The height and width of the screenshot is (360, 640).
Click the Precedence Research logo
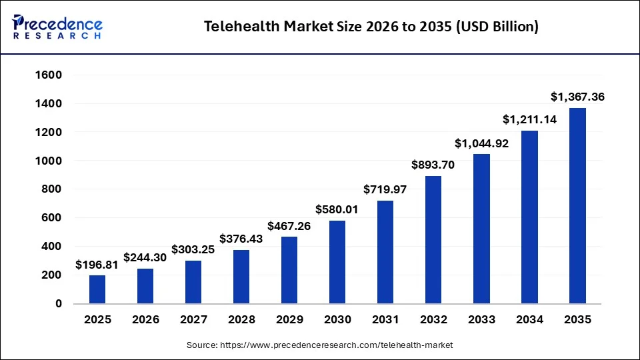click(x=57, y=27)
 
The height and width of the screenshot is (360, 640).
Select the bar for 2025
click(x=97, y=289)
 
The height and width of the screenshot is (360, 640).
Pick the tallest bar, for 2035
click(x=577, y=205)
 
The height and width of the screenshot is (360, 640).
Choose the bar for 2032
click(x=433, y=239)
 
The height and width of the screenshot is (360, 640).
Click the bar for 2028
click(x=241, y=277)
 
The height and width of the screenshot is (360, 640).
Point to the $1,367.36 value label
click(x=577, y=97)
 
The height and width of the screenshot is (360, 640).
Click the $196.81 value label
click(x=97, y=265)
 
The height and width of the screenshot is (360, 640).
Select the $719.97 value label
click(x=385, y=189)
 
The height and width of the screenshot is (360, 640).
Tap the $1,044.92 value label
click(x=481, y=143)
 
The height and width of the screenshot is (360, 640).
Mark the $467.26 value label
click(x=289, y=225)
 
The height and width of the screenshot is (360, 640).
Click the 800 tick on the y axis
click(x=51, y=189)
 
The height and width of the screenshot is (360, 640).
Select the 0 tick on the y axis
click(x=59, y=303)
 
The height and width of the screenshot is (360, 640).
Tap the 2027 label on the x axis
click(x=193, y=319)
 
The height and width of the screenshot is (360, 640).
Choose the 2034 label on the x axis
click(x=529, y=319)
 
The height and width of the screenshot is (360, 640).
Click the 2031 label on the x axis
click(x=385, y=319)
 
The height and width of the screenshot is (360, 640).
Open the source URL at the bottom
click(x=319, y=345)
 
